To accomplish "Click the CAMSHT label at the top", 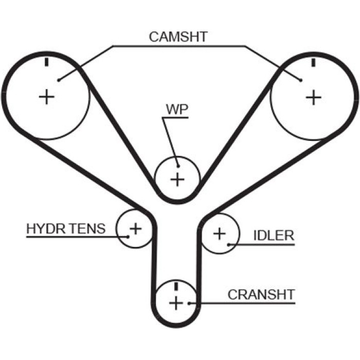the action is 178,37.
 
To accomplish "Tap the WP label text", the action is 177,110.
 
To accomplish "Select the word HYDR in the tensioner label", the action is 46,229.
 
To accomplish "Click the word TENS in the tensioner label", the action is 87,229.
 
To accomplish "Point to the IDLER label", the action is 274,236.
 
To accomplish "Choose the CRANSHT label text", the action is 261,295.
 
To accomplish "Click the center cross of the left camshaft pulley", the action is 47,97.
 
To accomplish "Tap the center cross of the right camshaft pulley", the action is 313,97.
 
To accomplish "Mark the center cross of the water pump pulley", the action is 177,179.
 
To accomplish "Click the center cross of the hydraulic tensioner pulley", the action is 136,229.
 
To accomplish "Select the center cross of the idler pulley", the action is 220,233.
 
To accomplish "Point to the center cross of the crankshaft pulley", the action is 176,303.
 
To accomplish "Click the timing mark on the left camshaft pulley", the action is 47,62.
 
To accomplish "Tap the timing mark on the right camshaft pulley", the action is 313,62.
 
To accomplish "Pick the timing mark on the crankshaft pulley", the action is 176,286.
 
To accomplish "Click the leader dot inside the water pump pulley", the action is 178,166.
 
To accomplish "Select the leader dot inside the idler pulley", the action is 228,245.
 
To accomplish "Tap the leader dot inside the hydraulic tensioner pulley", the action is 128,237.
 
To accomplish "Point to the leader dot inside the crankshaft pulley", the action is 189,303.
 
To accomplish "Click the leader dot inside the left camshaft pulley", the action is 59,80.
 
